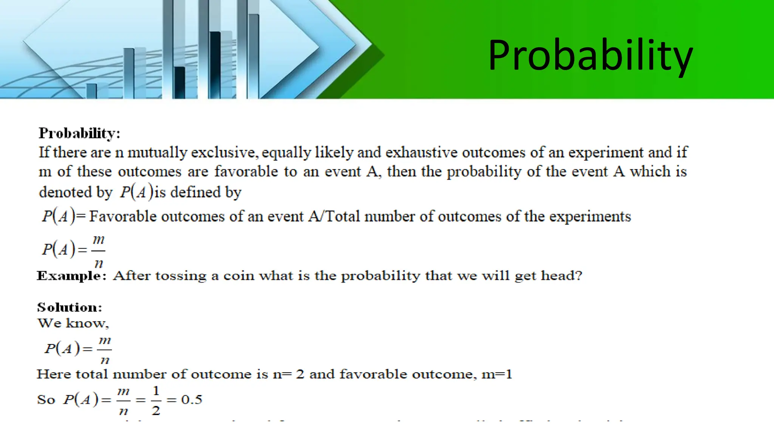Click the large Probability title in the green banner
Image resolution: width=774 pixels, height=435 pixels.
(x=590, y=56)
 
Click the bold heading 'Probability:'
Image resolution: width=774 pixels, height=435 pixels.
(x=79, y=133)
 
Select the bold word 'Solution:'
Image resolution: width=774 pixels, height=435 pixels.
(x=70, y=307)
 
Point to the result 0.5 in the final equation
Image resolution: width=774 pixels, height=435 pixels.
(x=192, y=400)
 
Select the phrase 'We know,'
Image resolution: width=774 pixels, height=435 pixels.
(x=73, y=323)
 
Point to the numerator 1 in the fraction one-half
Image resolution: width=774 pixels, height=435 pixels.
(x=156, y=390)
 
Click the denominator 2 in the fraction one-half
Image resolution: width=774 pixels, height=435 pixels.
(x=156, y=410)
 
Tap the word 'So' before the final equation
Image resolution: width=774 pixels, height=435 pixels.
(x=46, y=400)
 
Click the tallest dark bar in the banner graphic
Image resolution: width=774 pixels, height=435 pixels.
(x=215, y=64)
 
